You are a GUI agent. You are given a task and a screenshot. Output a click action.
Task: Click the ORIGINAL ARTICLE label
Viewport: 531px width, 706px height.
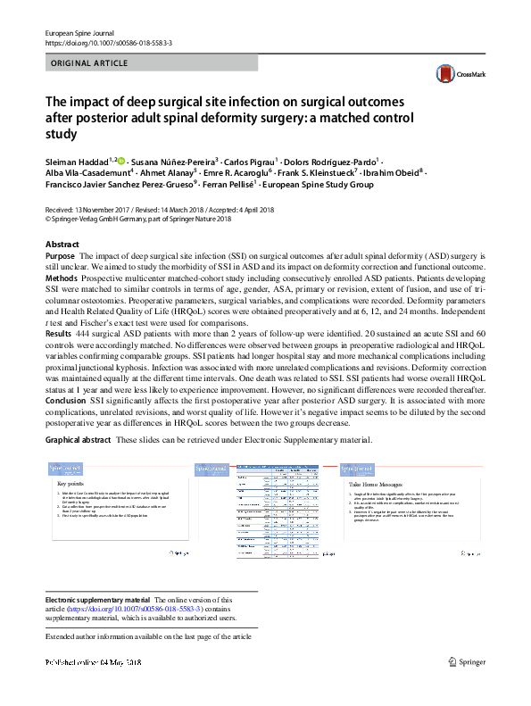tap(87, 63)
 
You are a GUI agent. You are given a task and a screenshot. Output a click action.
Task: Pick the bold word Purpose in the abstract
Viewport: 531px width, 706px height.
tap(62, 256)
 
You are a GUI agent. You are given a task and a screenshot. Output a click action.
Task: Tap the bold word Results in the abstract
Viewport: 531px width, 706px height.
tap(60, 331)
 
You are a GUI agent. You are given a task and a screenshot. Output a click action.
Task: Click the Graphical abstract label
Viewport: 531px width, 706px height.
tap(79, 442)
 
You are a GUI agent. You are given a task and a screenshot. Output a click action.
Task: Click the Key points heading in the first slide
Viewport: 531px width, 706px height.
tap(70, 483)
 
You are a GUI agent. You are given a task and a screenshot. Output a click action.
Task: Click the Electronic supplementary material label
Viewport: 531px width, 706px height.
tap(98, 600)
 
